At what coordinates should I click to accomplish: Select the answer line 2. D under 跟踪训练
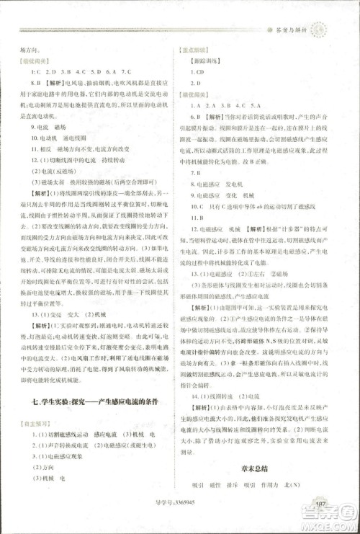[x=197, y=84]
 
